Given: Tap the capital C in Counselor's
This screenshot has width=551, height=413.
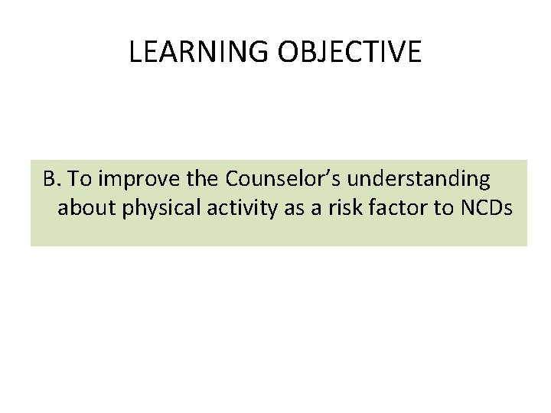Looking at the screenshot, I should tap(233, 180).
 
